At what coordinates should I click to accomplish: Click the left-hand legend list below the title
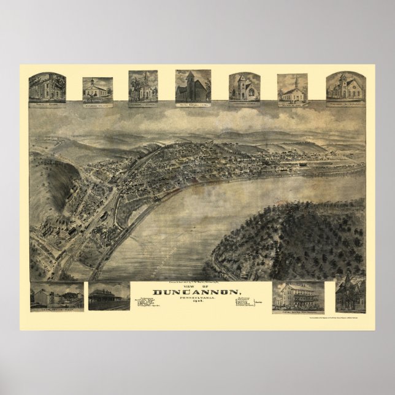click(144, 304)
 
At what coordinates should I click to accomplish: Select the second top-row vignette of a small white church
click(98, 90)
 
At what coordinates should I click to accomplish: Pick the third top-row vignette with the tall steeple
click(144, 86)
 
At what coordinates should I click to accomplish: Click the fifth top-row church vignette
click(245, 87)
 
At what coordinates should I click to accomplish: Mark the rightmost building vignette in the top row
click(344, 87)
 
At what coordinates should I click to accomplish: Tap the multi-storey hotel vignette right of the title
click(298, 297)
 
